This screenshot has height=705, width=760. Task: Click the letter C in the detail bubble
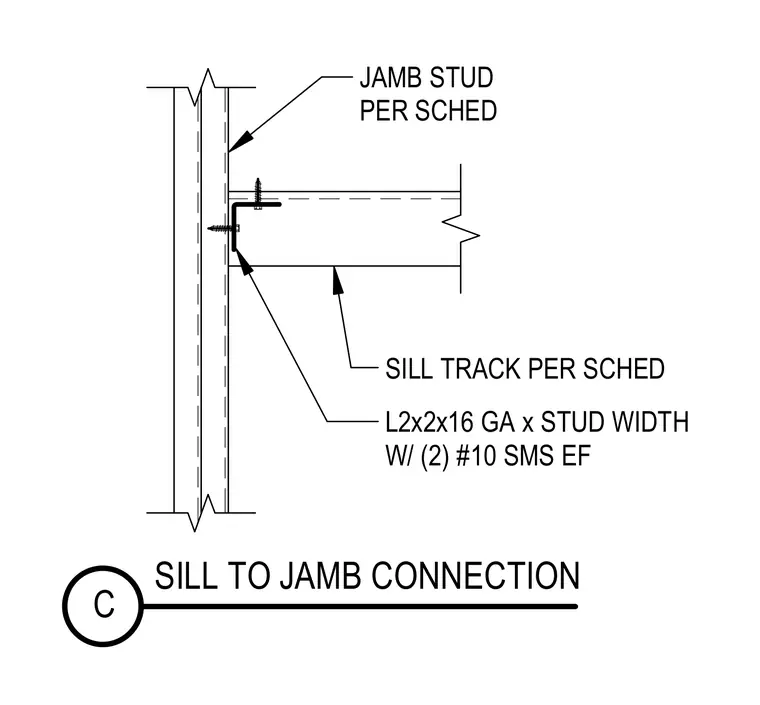(104, 605)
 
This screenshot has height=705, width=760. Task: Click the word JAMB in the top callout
(392, 78)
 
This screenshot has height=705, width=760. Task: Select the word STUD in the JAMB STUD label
(461, 78)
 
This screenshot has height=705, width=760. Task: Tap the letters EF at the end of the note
(576, 456)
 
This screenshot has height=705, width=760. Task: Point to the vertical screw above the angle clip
(258, 193)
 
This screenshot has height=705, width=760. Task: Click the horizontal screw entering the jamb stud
(223, 228)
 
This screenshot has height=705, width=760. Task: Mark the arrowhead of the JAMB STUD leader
(242, 140)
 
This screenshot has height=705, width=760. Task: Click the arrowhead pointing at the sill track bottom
(337, 281)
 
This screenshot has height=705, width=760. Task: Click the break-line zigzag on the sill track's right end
(460, 229)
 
